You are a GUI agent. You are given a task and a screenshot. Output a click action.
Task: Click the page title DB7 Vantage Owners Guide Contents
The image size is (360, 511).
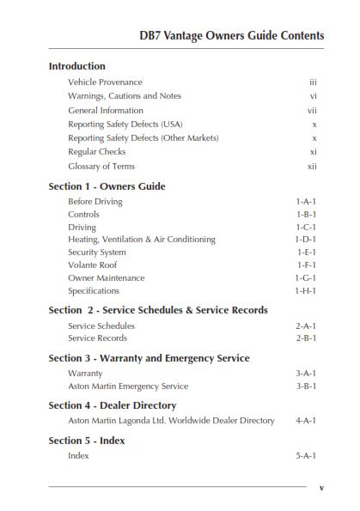coord(231,35)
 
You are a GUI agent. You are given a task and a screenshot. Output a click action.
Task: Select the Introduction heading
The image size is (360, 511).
coord(76,66)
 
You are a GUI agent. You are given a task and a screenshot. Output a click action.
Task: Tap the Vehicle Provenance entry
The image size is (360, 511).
coord(105,82)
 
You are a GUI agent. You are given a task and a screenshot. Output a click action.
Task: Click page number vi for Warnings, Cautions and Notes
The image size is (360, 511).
coord(314,96)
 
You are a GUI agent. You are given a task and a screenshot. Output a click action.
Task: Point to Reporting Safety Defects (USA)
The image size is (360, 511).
coord(125,124)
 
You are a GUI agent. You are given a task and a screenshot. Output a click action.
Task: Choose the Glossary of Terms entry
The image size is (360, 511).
coord(101,166)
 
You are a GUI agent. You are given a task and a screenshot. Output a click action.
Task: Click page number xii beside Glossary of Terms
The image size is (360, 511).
coord(312,166)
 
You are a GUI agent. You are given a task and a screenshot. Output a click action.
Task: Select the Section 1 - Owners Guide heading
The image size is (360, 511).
coord(107,186)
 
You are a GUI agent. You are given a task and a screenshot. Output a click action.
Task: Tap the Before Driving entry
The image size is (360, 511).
coord(95,202)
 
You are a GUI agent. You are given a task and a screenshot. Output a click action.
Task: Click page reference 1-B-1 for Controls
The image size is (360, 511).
coord(306,215)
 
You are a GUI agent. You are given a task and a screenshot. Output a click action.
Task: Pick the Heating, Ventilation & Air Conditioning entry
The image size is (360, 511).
coord(142,240)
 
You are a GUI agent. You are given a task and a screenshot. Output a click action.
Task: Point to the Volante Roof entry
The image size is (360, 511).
coord(93,265)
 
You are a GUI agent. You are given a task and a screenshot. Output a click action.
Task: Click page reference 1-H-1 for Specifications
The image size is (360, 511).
coord(306,291)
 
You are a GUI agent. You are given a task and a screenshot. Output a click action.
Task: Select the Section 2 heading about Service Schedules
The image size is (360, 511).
coord(158,310)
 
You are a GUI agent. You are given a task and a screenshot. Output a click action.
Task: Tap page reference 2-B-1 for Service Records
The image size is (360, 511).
coord(306,338)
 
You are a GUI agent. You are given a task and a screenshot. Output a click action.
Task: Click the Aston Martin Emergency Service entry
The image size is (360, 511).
coord(128,386)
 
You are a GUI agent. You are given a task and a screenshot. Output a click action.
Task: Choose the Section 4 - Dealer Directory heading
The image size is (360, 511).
coord(113,405)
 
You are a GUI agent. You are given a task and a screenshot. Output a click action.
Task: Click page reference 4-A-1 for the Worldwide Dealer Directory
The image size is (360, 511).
coord(306,421)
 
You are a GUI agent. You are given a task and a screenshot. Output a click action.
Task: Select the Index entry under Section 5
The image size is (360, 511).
coord(78,456)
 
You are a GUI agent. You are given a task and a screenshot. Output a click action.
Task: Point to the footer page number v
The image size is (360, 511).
coord(321,488)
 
